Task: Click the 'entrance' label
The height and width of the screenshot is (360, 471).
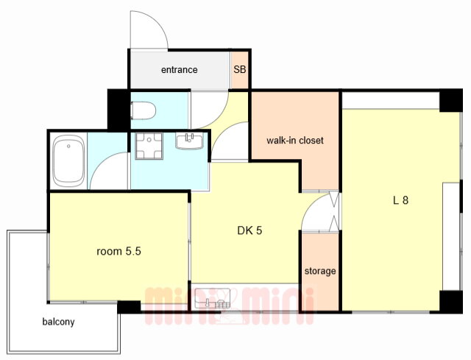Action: (x=180, y=70)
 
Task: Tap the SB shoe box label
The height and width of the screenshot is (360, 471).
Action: (x=240, y=70)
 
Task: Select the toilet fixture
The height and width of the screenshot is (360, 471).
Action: (x=143, y=110)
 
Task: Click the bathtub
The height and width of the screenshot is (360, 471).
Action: (x=68, y=160)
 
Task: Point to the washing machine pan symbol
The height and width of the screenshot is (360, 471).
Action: (x=149, y=146)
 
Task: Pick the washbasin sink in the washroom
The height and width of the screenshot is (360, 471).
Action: (x=190, y=141)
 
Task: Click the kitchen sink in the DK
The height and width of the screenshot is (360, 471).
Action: (x=213, y=298)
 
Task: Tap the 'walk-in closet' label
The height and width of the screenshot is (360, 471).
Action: (x=295, y=141)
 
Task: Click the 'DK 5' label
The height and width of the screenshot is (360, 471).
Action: (x=249, y=230)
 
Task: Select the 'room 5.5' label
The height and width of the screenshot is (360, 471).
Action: (x=118, y=251)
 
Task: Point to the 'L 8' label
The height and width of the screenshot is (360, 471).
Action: (x=400, y=200)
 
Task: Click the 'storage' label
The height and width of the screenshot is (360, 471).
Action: (x=320, y=271)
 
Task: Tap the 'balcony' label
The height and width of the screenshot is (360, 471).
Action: (x=58, y=322)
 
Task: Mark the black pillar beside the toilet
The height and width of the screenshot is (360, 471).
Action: (x=118, y=110)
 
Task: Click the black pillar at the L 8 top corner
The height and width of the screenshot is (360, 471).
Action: (x=451, y=100)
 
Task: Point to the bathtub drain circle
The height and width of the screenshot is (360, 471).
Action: (x=68, y=146)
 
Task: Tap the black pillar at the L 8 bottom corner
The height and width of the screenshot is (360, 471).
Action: (x=451, y=302)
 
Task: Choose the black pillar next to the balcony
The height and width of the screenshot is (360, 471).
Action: (x=129, y=307)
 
